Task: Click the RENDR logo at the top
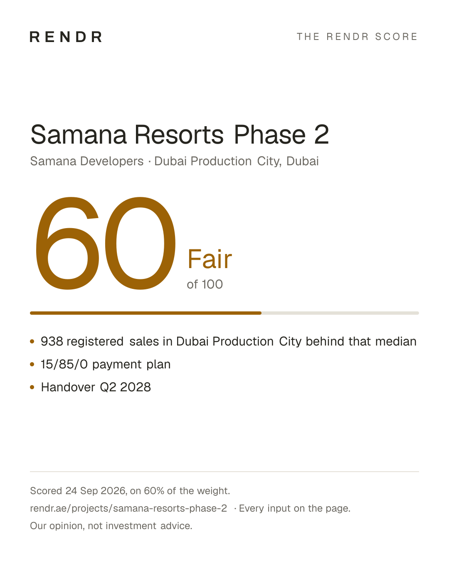(66, 37)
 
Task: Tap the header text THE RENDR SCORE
(357, 37)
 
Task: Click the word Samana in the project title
(79, 134)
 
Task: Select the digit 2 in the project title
(321, 134)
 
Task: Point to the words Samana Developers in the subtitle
(87, 161)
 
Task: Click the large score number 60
(106, 243)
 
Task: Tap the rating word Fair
(210, 259)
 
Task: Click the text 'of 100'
(205, 284)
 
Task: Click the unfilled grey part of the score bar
(340, 313)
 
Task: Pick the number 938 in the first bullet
(52, 341)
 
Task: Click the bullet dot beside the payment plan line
(32, 364)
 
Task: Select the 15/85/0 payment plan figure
(64, 364)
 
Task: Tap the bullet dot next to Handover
(32, 387)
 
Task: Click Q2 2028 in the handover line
(125, 387)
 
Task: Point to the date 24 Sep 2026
(96, 491)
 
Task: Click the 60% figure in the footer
(154, 491)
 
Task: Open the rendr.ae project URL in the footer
(128, 508)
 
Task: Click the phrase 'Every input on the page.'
(294, 508)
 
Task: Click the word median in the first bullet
(396, 341)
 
